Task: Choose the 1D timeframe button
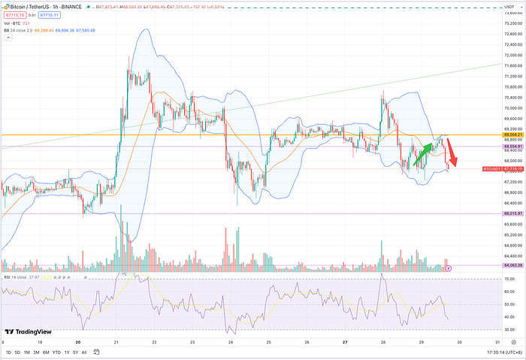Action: coord(8,352)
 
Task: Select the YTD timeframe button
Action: coord(56,352)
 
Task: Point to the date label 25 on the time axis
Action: coord(269,343)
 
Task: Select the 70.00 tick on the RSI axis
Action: coord(509,279)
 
